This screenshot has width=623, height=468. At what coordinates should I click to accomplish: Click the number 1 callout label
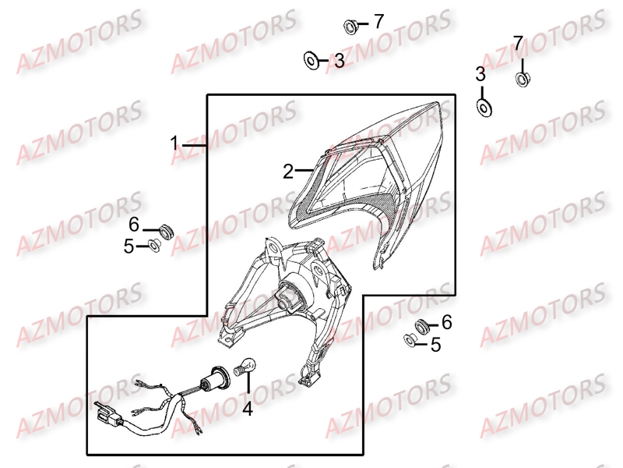pos(175,144)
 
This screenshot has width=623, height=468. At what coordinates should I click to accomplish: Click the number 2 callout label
pos(287,171)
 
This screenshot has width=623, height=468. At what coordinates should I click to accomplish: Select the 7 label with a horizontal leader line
pos(378,22)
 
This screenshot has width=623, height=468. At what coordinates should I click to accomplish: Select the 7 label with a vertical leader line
pos(518,41)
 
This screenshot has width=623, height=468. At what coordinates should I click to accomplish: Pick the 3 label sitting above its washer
pos(480,74)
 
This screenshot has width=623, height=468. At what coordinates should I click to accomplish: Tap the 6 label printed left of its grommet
pos(134,225)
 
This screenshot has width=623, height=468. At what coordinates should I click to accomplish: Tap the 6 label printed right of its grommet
pos(446,321)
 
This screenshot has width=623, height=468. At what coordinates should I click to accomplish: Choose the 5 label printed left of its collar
pos(129,246)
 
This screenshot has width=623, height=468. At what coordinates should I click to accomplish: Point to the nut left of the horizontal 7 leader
pos(350,27)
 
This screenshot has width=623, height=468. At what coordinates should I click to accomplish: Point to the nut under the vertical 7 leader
pos(523,78)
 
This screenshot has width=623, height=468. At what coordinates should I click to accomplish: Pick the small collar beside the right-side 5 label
pos(408,340)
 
